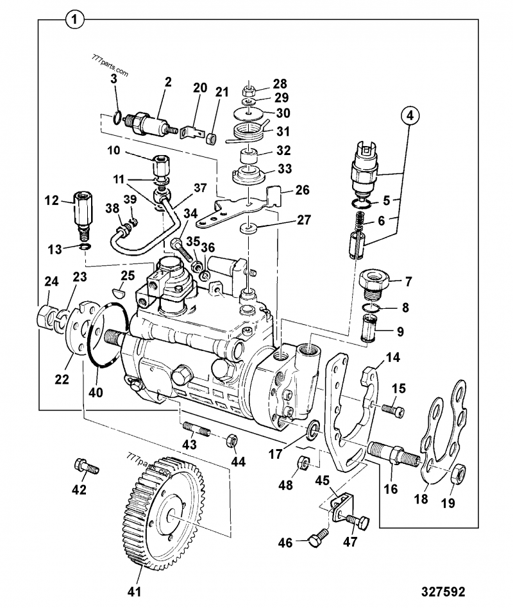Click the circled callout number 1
pyautogui.click(x=75, y=21)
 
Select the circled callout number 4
pyautogui.click(x=411, y=117)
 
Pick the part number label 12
pyautogui.click(x=52, y=201)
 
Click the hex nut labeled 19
pyautogui.click(x=458, y=474)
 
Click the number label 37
pyautogui.click(x=201, y=188)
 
